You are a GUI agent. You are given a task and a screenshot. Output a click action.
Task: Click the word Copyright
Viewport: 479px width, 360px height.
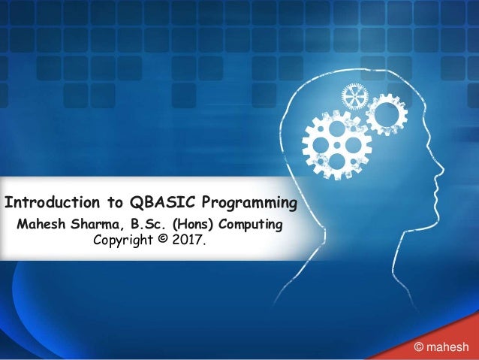coord(122,241)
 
